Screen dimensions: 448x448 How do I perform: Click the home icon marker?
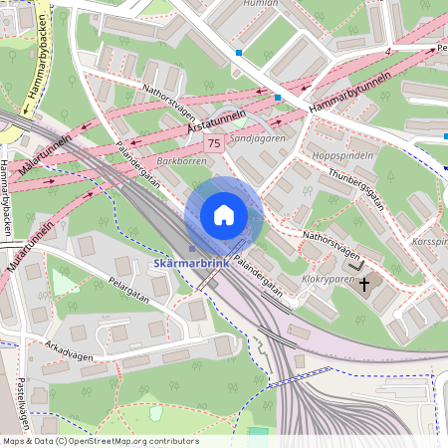point(224,215)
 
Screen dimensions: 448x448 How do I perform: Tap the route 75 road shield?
point(213,144)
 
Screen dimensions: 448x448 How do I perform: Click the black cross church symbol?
point(363,285)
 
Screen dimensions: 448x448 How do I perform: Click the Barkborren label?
point(180,159)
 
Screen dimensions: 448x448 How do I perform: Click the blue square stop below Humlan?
point(239,52)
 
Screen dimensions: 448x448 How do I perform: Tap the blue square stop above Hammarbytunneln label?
point(277,98)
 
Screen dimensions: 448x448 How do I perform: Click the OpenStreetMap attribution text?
point(100,441)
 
